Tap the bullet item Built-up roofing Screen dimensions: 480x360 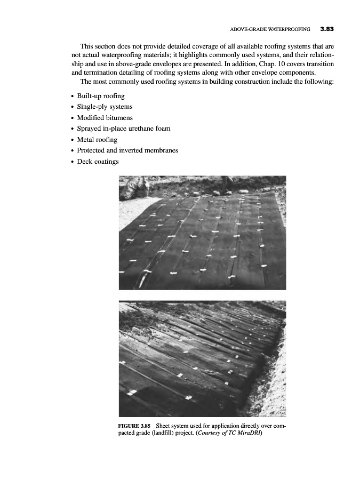[x=101, y=96]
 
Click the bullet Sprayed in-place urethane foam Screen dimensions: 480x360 [x=124, y=129]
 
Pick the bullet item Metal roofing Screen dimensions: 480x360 [x=97, y=140]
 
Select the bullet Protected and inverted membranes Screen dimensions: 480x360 [x=127, y=150]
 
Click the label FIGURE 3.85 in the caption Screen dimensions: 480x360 [x=134, y=426]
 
